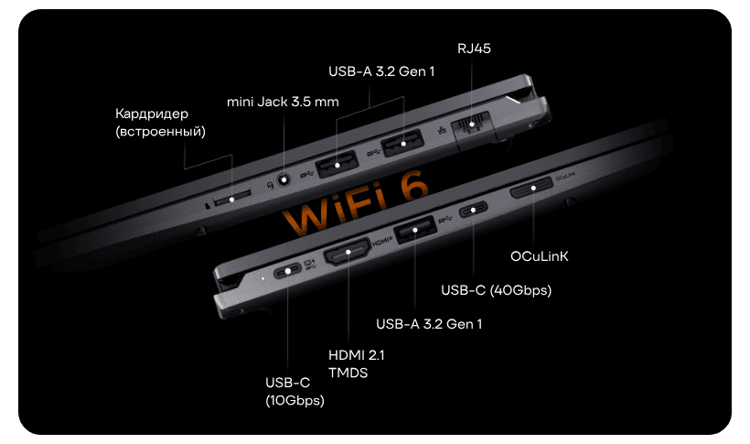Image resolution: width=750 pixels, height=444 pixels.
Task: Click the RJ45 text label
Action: click(474, 49)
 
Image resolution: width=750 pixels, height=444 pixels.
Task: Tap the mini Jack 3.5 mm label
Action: click(283, 102)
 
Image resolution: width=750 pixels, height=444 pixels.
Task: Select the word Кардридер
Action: click(152, 114)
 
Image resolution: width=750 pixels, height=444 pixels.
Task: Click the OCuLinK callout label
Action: click(539, 256)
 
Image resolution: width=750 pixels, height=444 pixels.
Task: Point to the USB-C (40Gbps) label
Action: click(496, 290)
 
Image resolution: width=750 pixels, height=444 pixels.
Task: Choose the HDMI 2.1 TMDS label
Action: click(357, 364)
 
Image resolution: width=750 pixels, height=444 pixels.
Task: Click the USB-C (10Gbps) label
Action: click(295, 391)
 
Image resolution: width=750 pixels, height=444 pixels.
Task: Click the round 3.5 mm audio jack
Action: click(284, 180)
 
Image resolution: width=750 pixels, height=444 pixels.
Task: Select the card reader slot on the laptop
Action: click(232, 198)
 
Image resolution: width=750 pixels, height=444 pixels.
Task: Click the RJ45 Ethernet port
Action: click(472, 125)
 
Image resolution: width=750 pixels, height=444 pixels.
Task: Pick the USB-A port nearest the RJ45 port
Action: click(402, 143)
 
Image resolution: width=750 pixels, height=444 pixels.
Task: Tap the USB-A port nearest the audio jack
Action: click(337, 164)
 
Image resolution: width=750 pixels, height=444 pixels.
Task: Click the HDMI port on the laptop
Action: click(348, 252)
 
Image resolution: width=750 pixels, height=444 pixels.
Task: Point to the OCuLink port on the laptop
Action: click(531, 188)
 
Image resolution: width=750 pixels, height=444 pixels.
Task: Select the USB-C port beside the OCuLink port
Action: click(473, 210)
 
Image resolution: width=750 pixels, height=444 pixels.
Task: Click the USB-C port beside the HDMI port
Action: click(287, 272)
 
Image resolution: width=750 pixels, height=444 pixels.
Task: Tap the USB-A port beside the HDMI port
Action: click(415, 230)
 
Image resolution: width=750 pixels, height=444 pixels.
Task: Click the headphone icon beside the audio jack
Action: click(270, 185)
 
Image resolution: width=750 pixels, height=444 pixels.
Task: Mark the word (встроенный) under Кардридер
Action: click(161, 131)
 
